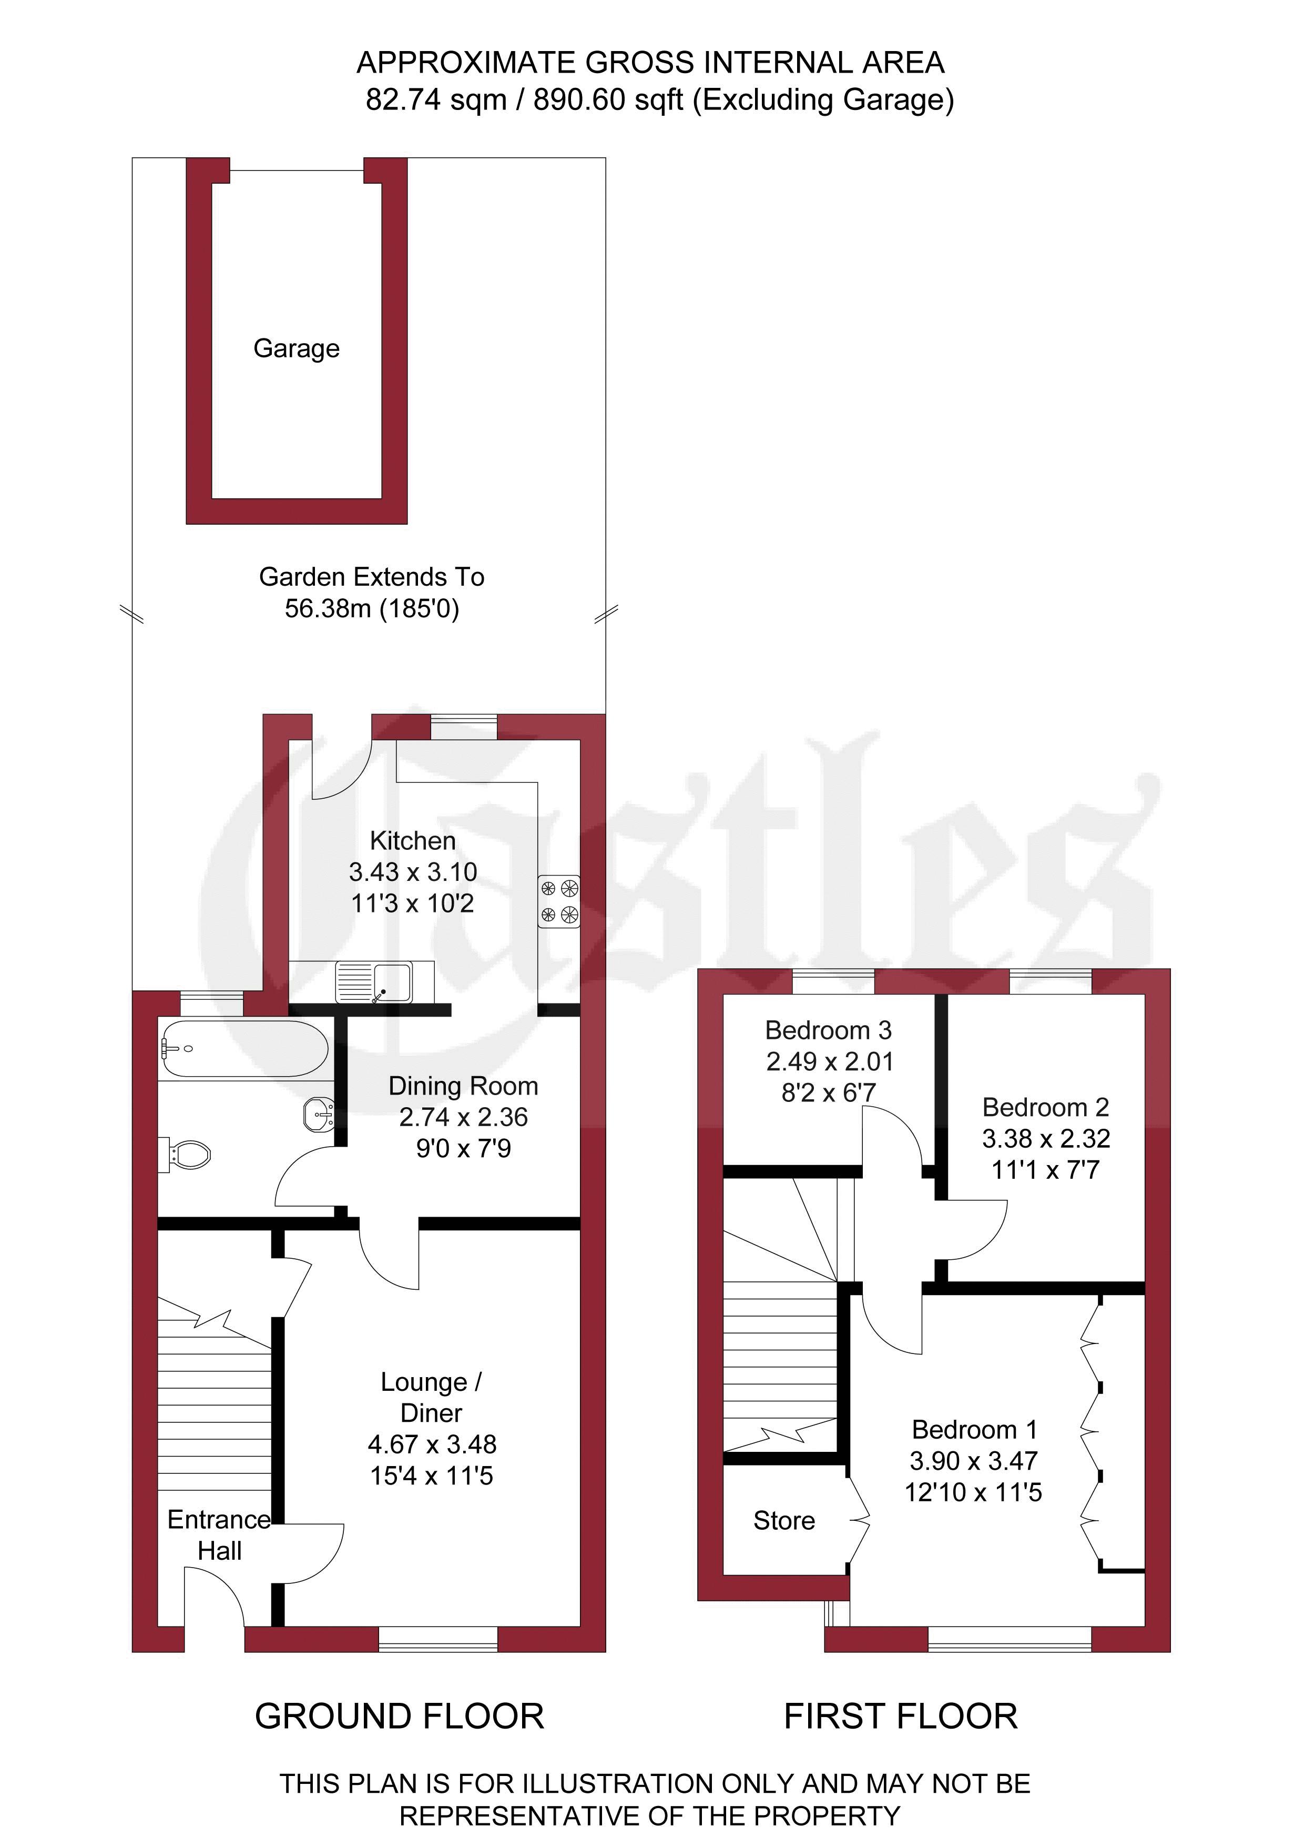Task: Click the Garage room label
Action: click(x=297, y=348)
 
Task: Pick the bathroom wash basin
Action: click(x=319, y=1115)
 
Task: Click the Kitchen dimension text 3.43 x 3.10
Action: click(x=413, y=871)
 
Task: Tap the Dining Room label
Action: click(x=464, y=1086)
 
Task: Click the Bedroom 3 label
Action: click(x=829, y=1030)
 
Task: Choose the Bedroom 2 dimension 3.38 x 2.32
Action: click(x=1046, y=1138)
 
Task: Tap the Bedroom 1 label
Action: click(x=975, y=1430)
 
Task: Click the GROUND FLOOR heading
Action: click(x=400, y=1717)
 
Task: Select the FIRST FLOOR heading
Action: click(x=901, y=1717)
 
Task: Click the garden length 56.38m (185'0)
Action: click(x=372, y=609)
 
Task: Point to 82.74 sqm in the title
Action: click(x=436, y=99)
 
